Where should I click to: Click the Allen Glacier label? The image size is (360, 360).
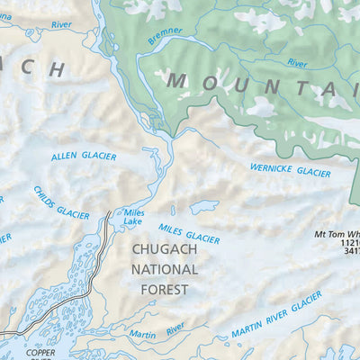coord(84,157)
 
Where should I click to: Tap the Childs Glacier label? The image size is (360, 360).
coord(61,202)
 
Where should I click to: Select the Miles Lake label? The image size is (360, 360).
coord(133,217)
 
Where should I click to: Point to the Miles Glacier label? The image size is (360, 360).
coord(189,234)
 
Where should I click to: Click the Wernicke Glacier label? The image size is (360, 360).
coord(290,169)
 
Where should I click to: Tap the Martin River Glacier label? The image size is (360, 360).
coord(276,314)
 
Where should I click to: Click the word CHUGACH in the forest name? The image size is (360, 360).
coord(164,248)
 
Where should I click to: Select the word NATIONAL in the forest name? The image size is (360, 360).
coord(164,269)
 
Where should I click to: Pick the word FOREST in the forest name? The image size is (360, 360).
coord(164,290)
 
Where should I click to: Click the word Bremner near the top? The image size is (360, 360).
coord(165,31)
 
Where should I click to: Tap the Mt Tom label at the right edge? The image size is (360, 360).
coord(336,233)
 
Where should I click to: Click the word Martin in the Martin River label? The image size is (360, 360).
coord(141,335)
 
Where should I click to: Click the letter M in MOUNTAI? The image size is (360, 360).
coord(176,81)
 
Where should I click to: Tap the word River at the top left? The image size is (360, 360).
coord(61,25)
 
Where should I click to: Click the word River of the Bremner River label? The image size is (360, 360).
coord(297,64)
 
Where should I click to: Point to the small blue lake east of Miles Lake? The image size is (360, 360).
coord(203,207)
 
